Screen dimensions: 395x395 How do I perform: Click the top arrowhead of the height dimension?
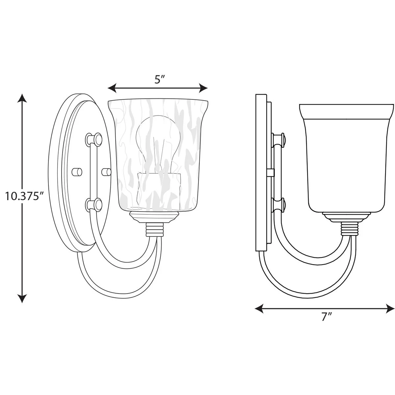tap(22, 98)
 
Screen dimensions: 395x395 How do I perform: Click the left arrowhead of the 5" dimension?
tap(112, 88)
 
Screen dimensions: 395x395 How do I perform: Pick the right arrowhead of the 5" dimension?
tap(203, 88)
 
